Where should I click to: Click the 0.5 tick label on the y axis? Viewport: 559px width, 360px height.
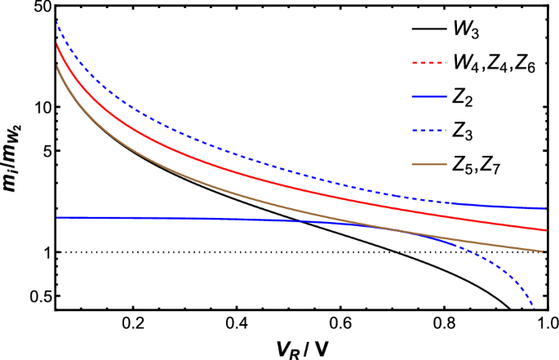pyautogui.click(x=20, y=296)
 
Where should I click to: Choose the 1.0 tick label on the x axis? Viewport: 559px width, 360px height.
pyautogui.click(x=545, y=322)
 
